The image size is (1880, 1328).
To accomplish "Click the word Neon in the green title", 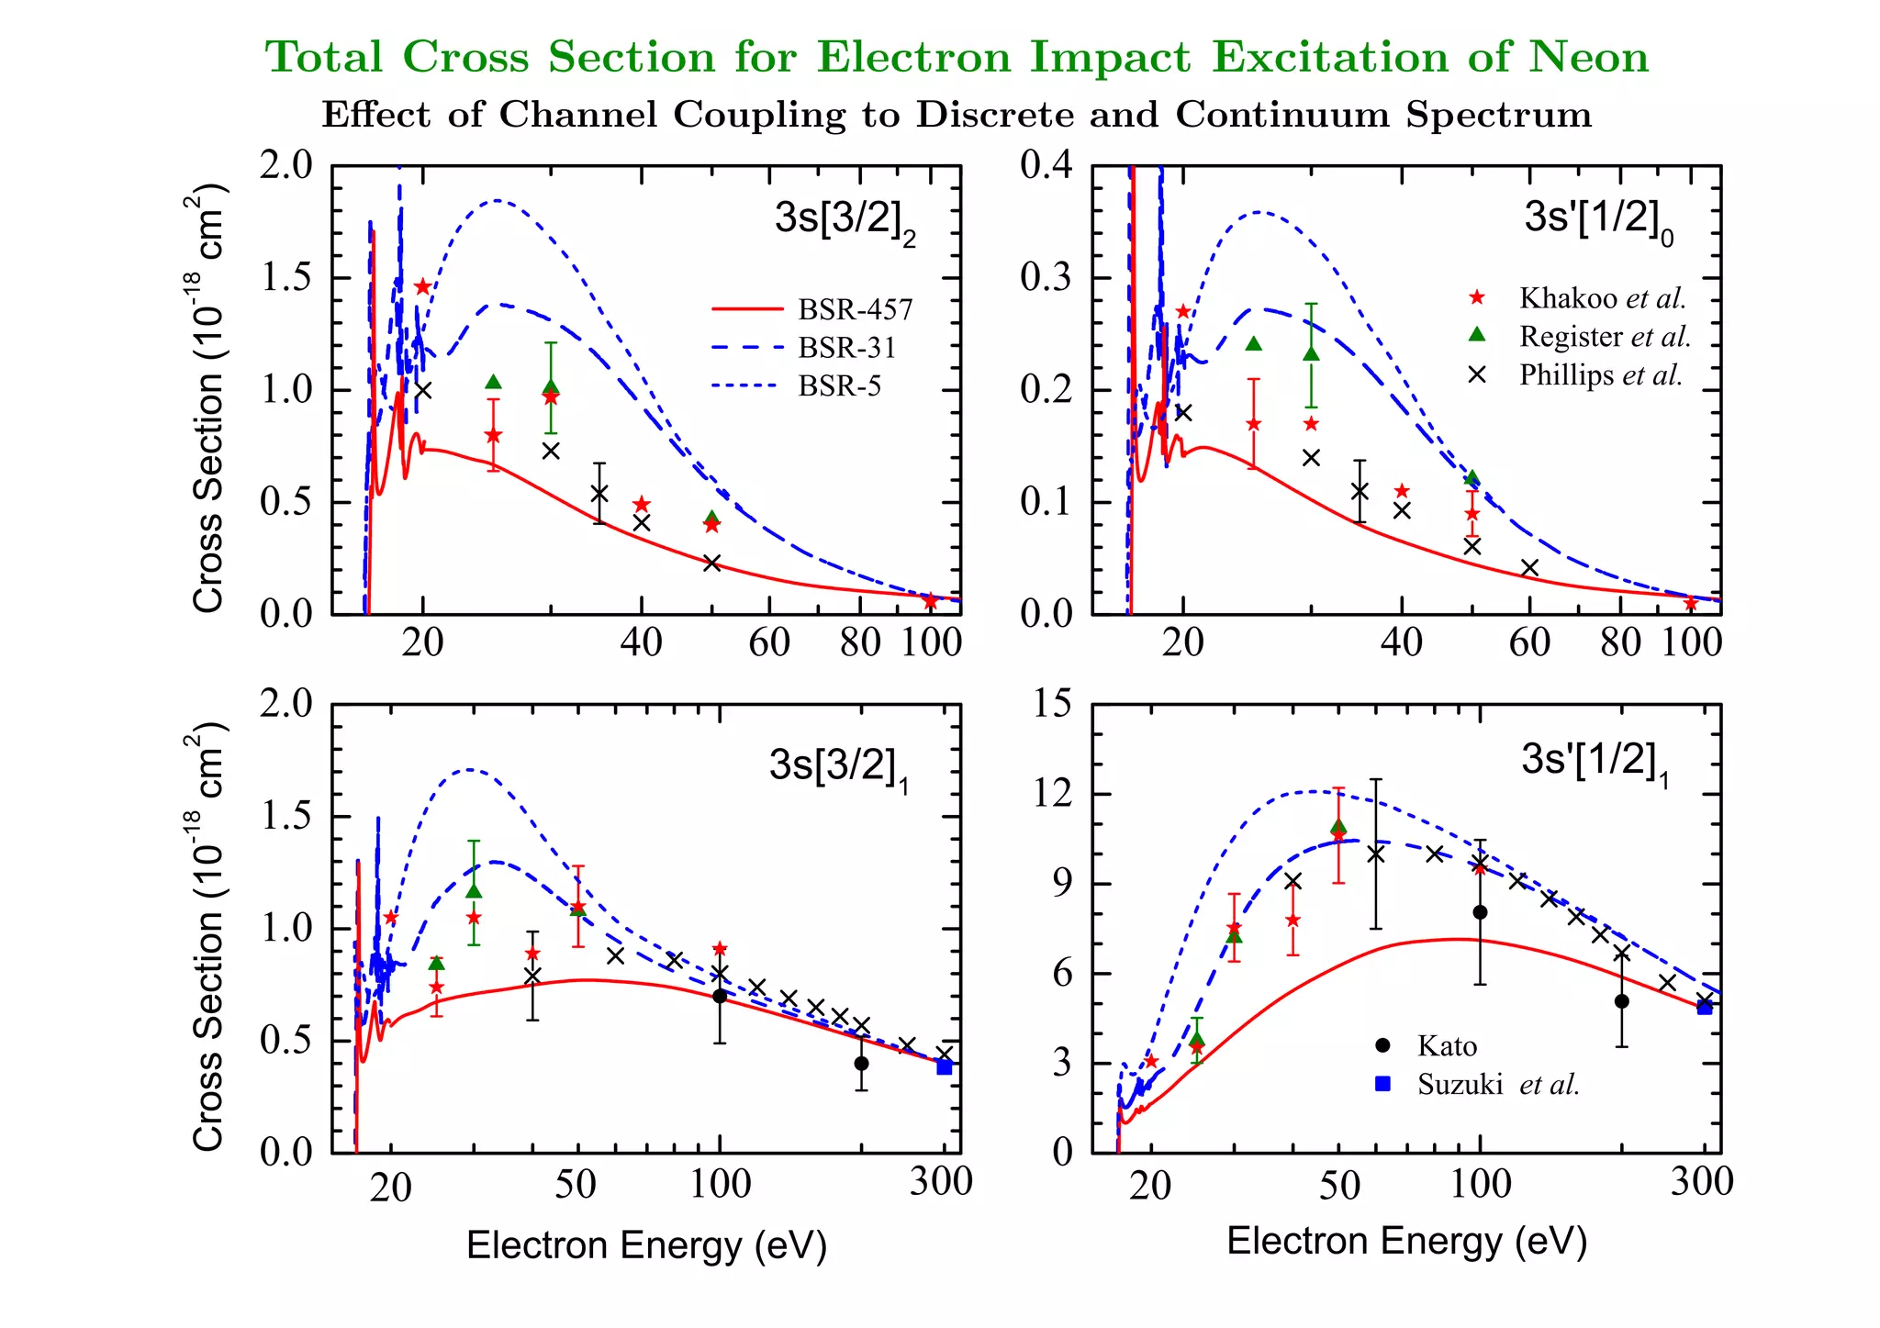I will (1587, 58).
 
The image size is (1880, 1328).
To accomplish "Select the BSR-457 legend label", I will (855, 310).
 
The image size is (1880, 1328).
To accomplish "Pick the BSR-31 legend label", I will (846, 348).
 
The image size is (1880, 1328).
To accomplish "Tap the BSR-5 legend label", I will (839, 386).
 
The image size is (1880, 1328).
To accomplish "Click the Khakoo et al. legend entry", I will (1602, 298).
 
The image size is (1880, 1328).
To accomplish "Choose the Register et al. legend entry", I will (1604, 337).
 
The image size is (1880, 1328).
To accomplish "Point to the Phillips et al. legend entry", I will (1600, 375).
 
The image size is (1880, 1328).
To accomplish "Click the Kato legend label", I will (1447, 1046).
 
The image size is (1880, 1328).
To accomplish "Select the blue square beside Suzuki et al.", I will (1383, 1084).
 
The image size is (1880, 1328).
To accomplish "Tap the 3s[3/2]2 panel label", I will (845, 220).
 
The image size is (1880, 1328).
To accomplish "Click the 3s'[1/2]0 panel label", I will (1598, 220).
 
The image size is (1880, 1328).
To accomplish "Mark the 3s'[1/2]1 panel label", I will (1595, 762).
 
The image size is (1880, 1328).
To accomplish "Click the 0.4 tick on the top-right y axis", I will (1046, 166).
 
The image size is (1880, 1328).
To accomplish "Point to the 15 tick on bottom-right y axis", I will (1052, 704).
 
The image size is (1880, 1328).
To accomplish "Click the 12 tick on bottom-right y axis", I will (1052, 793).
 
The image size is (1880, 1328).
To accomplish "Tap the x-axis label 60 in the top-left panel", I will (769, 642).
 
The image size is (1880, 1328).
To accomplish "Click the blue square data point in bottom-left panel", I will (945, 1066).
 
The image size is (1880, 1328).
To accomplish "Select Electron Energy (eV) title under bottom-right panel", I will (1406, 1241).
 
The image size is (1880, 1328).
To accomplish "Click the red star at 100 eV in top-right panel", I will (1691, 604).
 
